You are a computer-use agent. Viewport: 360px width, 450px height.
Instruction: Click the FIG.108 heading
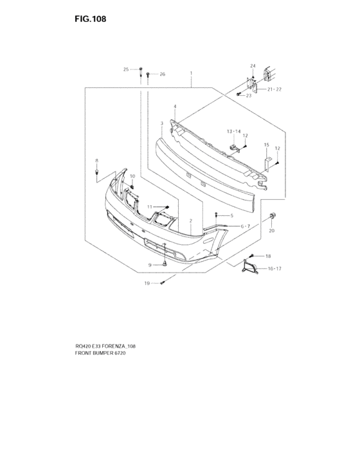click(91, 19)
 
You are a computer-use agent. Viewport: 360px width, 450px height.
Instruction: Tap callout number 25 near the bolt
click(126, 69)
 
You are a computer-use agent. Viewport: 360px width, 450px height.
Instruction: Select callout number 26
click(163, 74)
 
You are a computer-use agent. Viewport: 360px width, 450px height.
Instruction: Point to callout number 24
click(253, 66)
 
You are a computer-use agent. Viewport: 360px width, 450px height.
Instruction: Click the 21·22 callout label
click(274, 89)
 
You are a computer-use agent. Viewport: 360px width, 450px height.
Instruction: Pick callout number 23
click(249, 95)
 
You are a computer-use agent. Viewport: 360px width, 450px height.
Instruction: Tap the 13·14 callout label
click(234, 131)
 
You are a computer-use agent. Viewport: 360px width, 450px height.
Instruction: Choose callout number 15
click(266, 145)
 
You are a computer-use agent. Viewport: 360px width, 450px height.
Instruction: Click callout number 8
click(96, 161)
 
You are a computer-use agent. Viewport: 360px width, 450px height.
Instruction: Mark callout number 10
click(132, 176)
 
